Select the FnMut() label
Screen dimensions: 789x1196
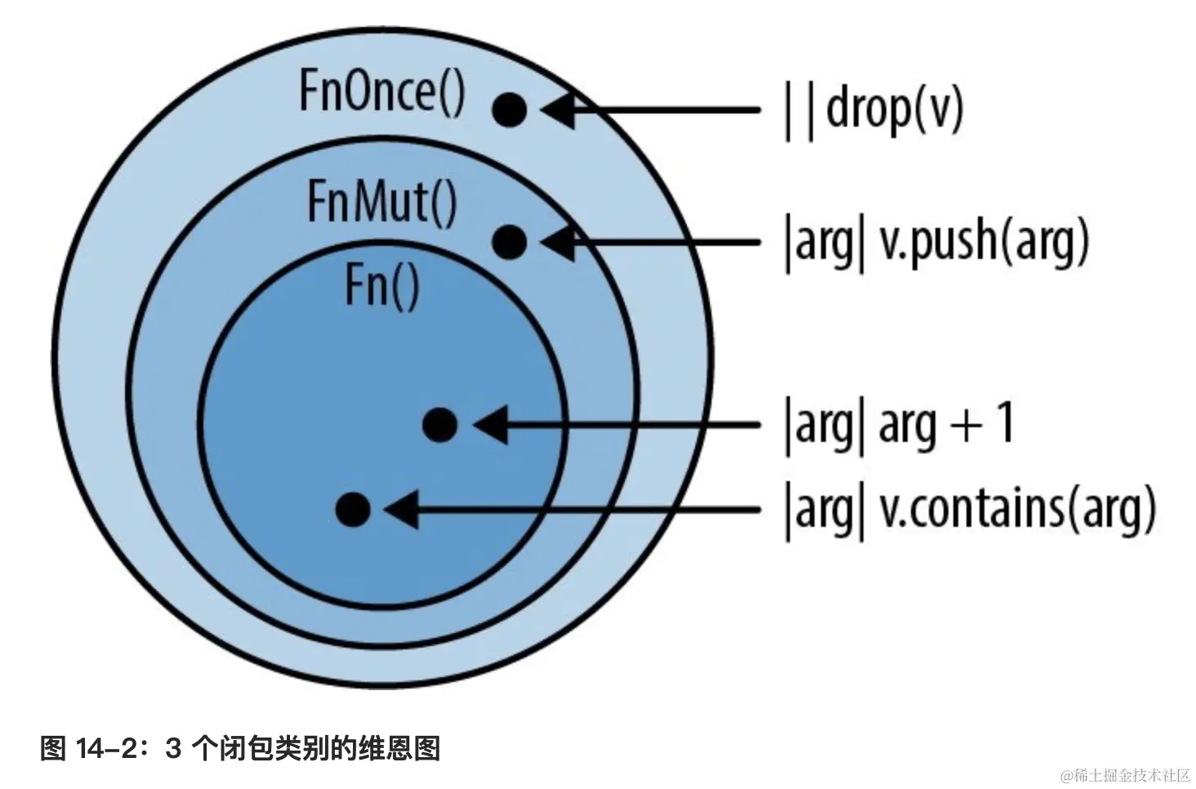[382, 202]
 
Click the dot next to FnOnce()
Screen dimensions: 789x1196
[509, 109]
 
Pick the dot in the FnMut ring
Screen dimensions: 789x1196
[510, 242]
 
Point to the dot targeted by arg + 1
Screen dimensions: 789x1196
[440, 425]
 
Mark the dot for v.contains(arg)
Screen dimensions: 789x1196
[353, 510]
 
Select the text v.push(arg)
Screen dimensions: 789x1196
[984, 242]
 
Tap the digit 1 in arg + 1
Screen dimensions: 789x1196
[1006, 423]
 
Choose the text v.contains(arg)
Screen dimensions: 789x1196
[1017, 510]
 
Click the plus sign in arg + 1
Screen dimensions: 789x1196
[966, 426]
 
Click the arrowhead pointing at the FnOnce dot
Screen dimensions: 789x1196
[559, 109]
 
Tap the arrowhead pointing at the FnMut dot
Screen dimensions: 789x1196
[559, 242]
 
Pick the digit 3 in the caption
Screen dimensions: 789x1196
[173, 748]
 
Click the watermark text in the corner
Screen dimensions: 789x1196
[1125, 774]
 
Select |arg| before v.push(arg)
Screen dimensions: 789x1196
[823, 243]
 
